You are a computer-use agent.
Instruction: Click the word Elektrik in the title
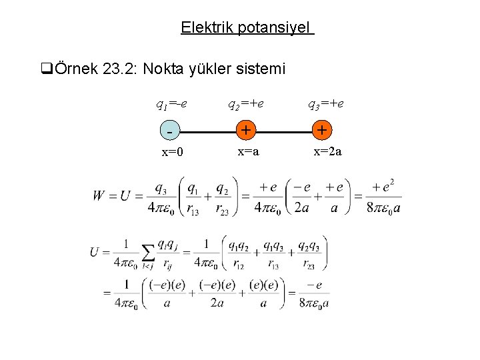pyautogui.click(x=205, y=28)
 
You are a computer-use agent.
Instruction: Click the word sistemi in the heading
pyautogui.click(x=263, y=69)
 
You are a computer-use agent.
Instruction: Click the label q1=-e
pyautogui.click(x=171, y=105)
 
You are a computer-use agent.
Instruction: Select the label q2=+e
pyautogui.click(x=246, y=105)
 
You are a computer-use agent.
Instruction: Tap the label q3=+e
pyautogui.click(x=325, y=105)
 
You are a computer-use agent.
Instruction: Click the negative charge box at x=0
pyautogui.click(x=171, y=131)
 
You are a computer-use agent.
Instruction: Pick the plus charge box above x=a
pyautogui.click(x=246, y=131)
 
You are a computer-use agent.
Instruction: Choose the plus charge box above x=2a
pyautogui.click(x=323, y=131)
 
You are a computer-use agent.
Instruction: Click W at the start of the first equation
pyautogui.click(x=99, y=197)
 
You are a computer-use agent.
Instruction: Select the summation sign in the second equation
pyautogui.click(x=147, y=253)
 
